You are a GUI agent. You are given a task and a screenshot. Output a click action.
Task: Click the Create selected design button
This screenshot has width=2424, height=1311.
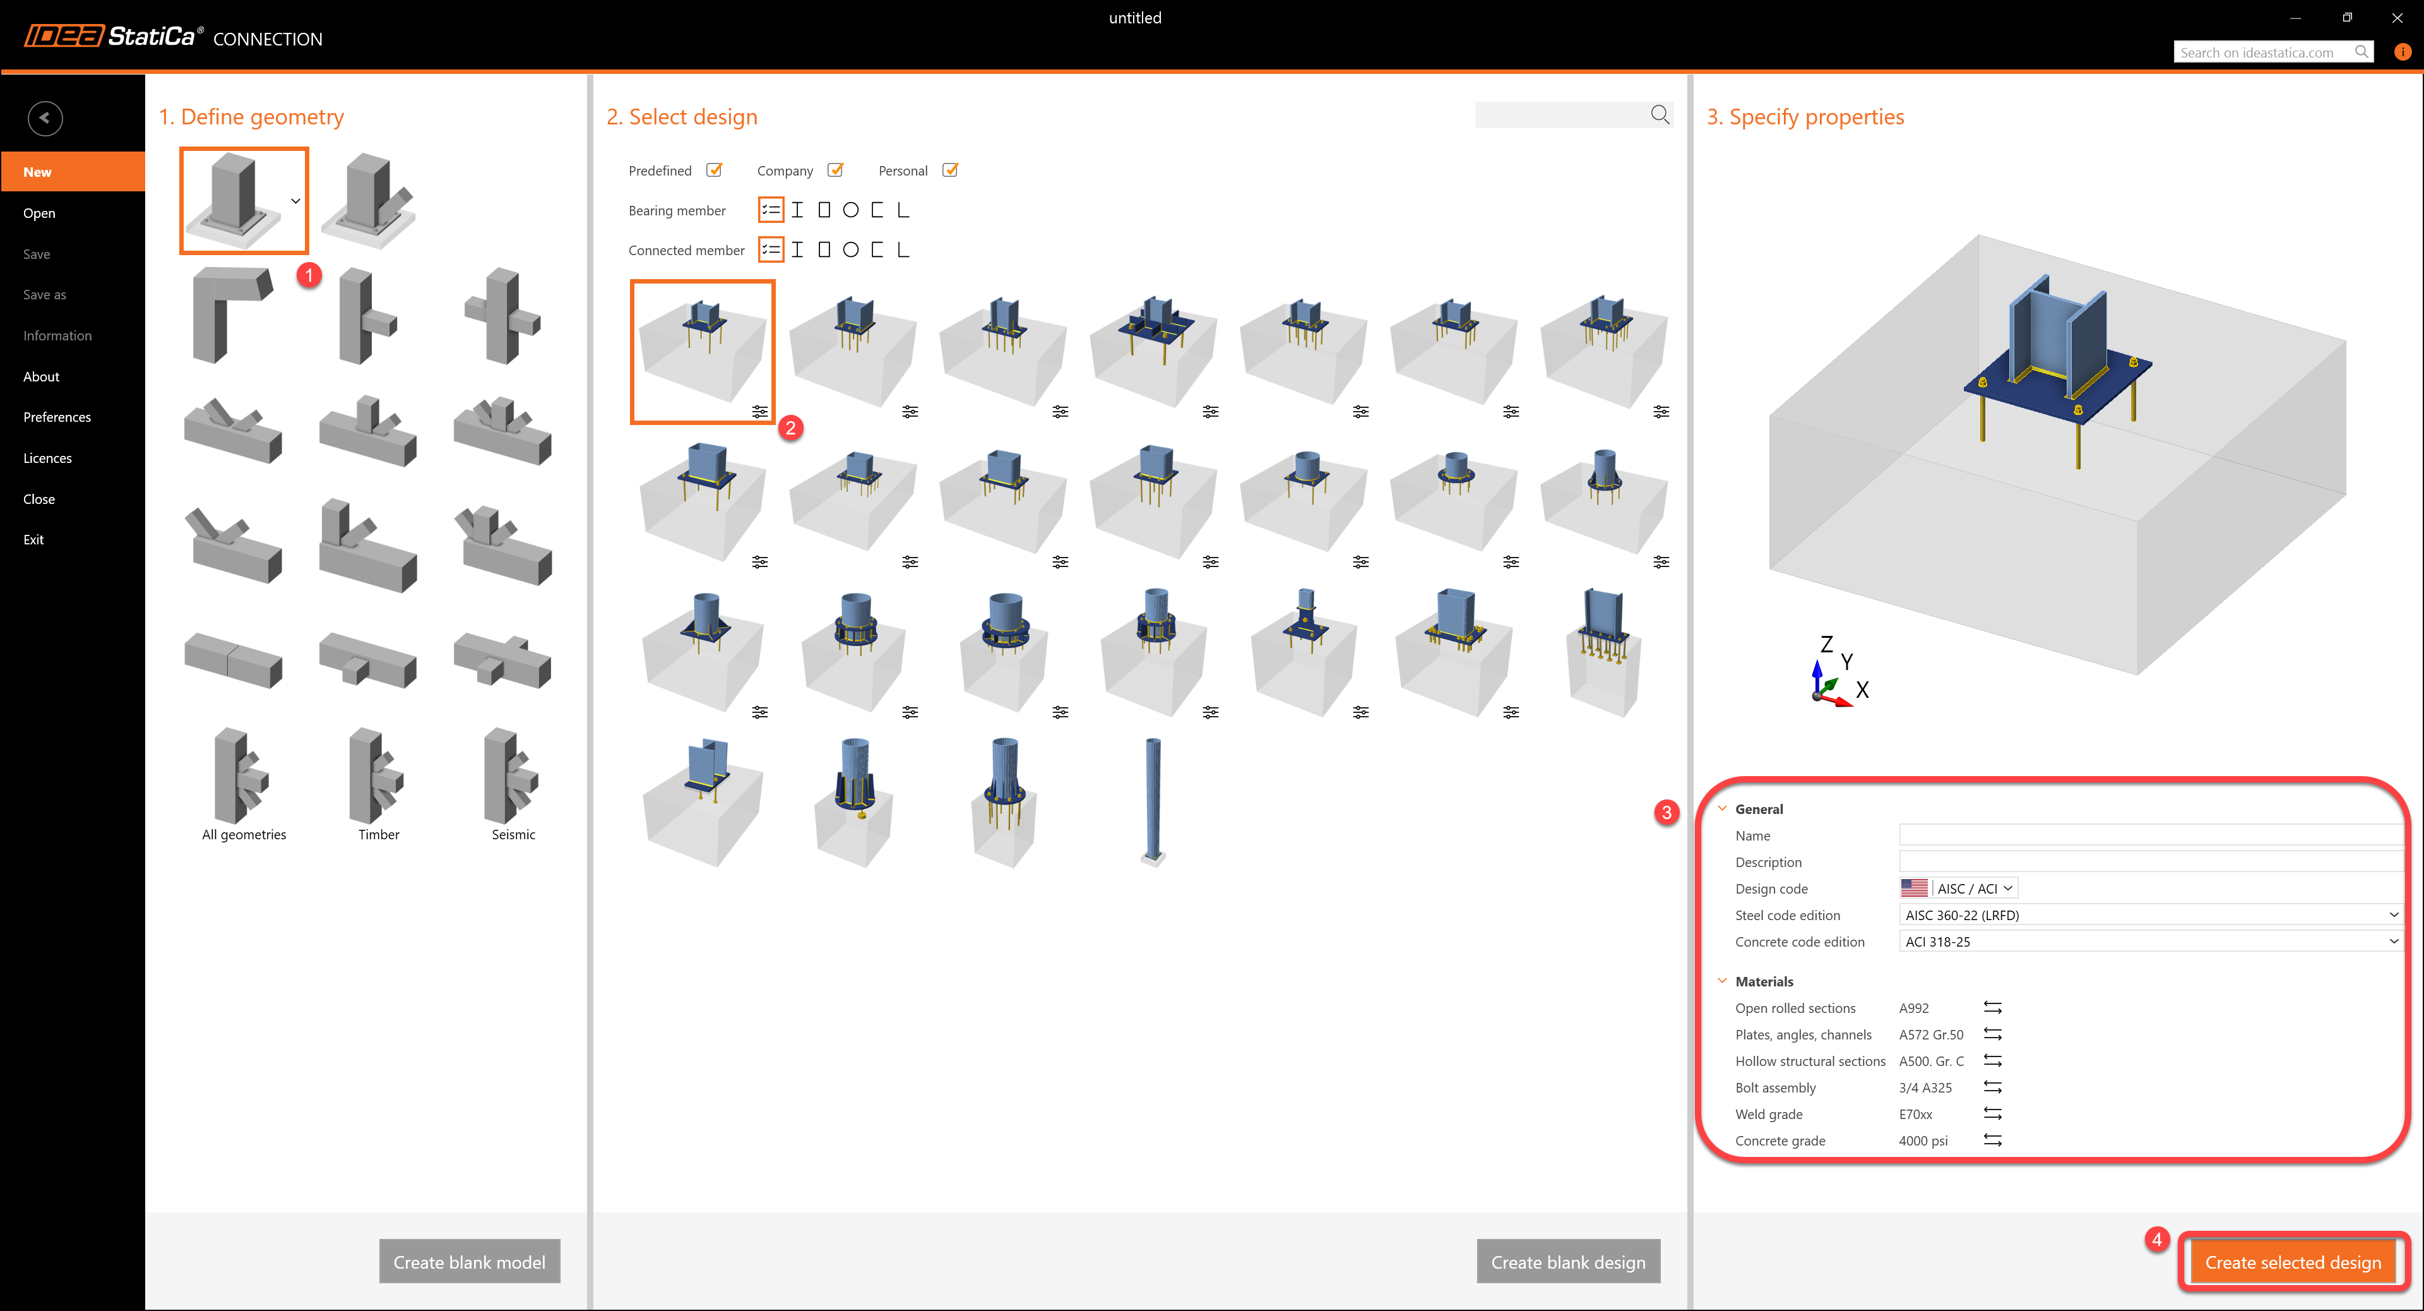pyautogui.click(x=2293, y=1262)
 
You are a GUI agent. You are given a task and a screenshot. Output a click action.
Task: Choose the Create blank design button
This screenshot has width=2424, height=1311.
pyautogui.click(x=1567, y=1262)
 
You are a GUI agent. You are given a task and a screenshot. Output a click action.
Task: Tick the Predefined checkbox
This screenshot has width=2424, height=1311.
pyautogui.click(x=714, y=171)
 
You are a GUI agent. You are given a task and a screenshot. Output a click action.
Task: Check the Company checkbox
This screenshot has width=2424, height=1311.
pyautogui.click(x=835, y=171)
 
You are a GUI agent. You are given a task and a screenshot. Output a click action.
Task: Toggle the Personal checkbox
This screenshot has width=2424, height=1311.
pyautogui.click(x=951, y=171)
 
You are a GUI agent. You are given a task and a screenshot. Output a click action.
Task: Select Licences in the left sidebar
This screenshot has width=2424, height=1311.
pyautogui.click(x=48, y=458)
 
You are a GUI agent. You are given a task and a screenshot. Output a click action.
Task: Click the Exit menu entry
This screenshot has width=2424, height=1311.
pyautogui.click(x=34, y=539)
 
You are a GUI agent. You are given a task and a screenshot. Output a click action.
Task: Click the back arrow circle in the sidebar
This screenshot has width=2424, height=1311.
pyautogui.click(x=45, y=119)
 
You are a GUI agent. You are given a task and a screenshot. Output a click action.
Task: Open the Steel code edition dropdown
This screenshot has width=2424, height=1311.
pyautogui.click(x=2149, y=915)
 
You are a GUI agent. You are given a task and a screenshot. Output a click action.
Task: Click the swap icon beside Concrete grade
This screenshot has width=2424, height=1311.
pyautogui.click(x=1992, y=1140)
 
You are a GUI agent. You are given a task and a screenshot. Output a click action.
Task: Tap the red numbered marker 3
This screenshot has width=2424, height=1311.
pyautogui.click(x=1666, y=812)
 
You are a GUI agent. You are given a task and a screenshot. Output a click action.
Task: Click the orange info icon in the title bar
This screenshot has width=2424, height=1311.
pyautogui.click(x=2403, y=52)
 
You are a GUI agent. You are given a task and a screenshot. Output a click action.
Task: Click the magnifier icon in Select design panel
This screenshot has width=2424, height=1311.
pyautogui.click(x=1660, y=115)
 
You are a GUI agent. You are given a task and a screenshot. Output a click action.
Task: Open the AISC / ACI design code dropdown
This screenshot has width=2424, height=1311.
pyautogui.click(x=1974, y=889)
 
